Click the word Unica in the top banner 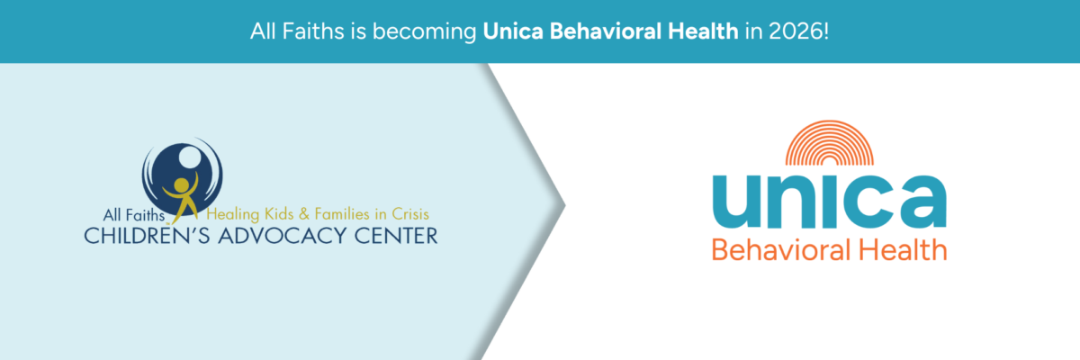(x=513, y=31)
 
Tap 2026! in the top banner (x=799, y=31)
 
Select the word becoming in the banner (x=424, y=32)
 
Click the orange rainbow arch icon (x=829, y=143)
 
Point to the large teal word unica (x=829, y=201)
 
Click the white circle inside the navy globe (x=190, y=157)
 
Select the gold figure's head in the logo (x=181, y=185)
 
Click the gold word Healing (x=233, y=214)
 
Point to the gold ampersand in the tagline (x=304, y=213)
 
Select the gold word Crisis (x=409, y=213)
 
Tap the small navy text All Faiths (x=134, y=215)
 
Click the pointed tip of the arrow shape (x=564, y=205)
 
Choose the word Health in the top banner (x=703, y=31)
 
